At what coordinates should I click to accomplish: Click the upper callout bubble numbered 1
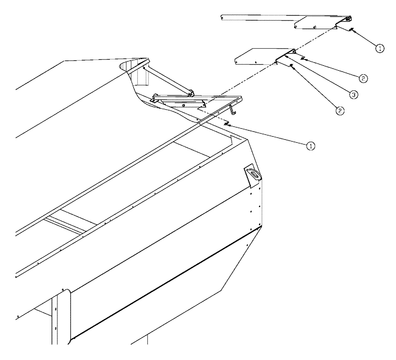379,48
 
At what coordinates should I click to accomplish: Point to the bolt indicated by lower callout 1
227,124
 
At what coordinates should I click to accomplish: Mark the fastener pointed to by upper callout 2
302,59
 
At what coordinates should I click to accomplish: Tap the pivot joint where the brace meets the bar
191,93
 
